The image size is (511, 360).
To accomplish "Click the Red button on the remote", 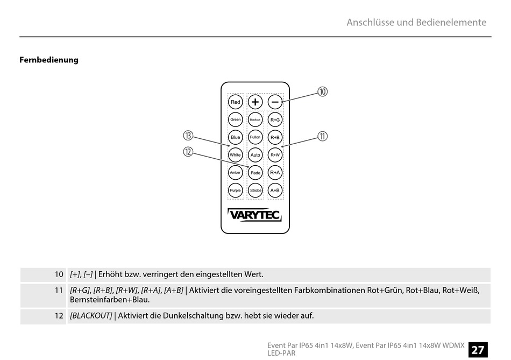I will pos(236,102).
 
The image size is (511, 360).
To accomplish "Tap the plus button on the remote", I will pos(256,102).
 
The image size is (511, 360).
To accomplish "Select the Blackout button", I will pos(256,119).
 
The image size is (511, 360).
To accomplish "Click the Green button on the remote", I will pos(236,119).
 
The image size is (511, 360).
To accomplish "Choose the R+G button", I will pos(275,119).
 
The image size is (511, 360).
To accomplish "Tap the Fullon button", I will pos(256,137).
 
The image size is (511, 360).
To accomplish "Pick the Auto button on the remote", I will pos(256,155).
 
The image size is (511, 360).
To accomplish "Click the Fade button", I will pos(256,173).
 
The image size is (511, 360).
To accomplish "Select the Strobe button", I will pos(256,190).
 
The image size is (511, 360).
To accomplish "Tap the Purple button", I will pos(236,190).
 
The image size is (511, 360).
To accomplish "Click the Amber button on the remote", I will pos(236,173).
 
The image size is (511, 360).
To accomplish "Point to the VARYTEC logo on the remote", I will pos(255,215).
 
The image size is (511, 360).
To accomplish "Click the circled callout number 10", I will pos(322,92).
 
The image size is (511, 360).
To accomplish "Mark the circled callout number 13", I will pos(188,136).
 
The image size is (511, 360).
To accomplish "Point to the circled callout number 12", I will pos(188,152).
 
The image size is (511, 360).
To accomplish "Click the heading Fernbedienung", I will pos(49,60).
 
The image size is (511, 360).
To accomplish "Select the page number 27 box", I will pos(478,350).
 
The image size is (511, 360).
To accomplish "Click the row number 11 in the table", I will pos(59,291).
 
